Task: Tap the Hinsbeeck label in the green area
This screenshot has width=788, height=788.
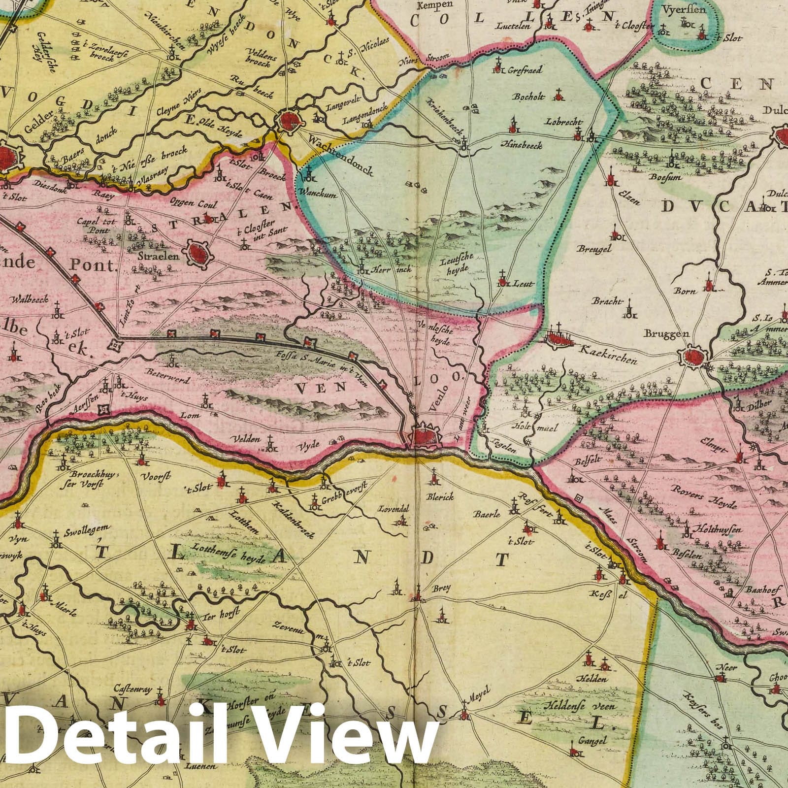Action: coord(521,145)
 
